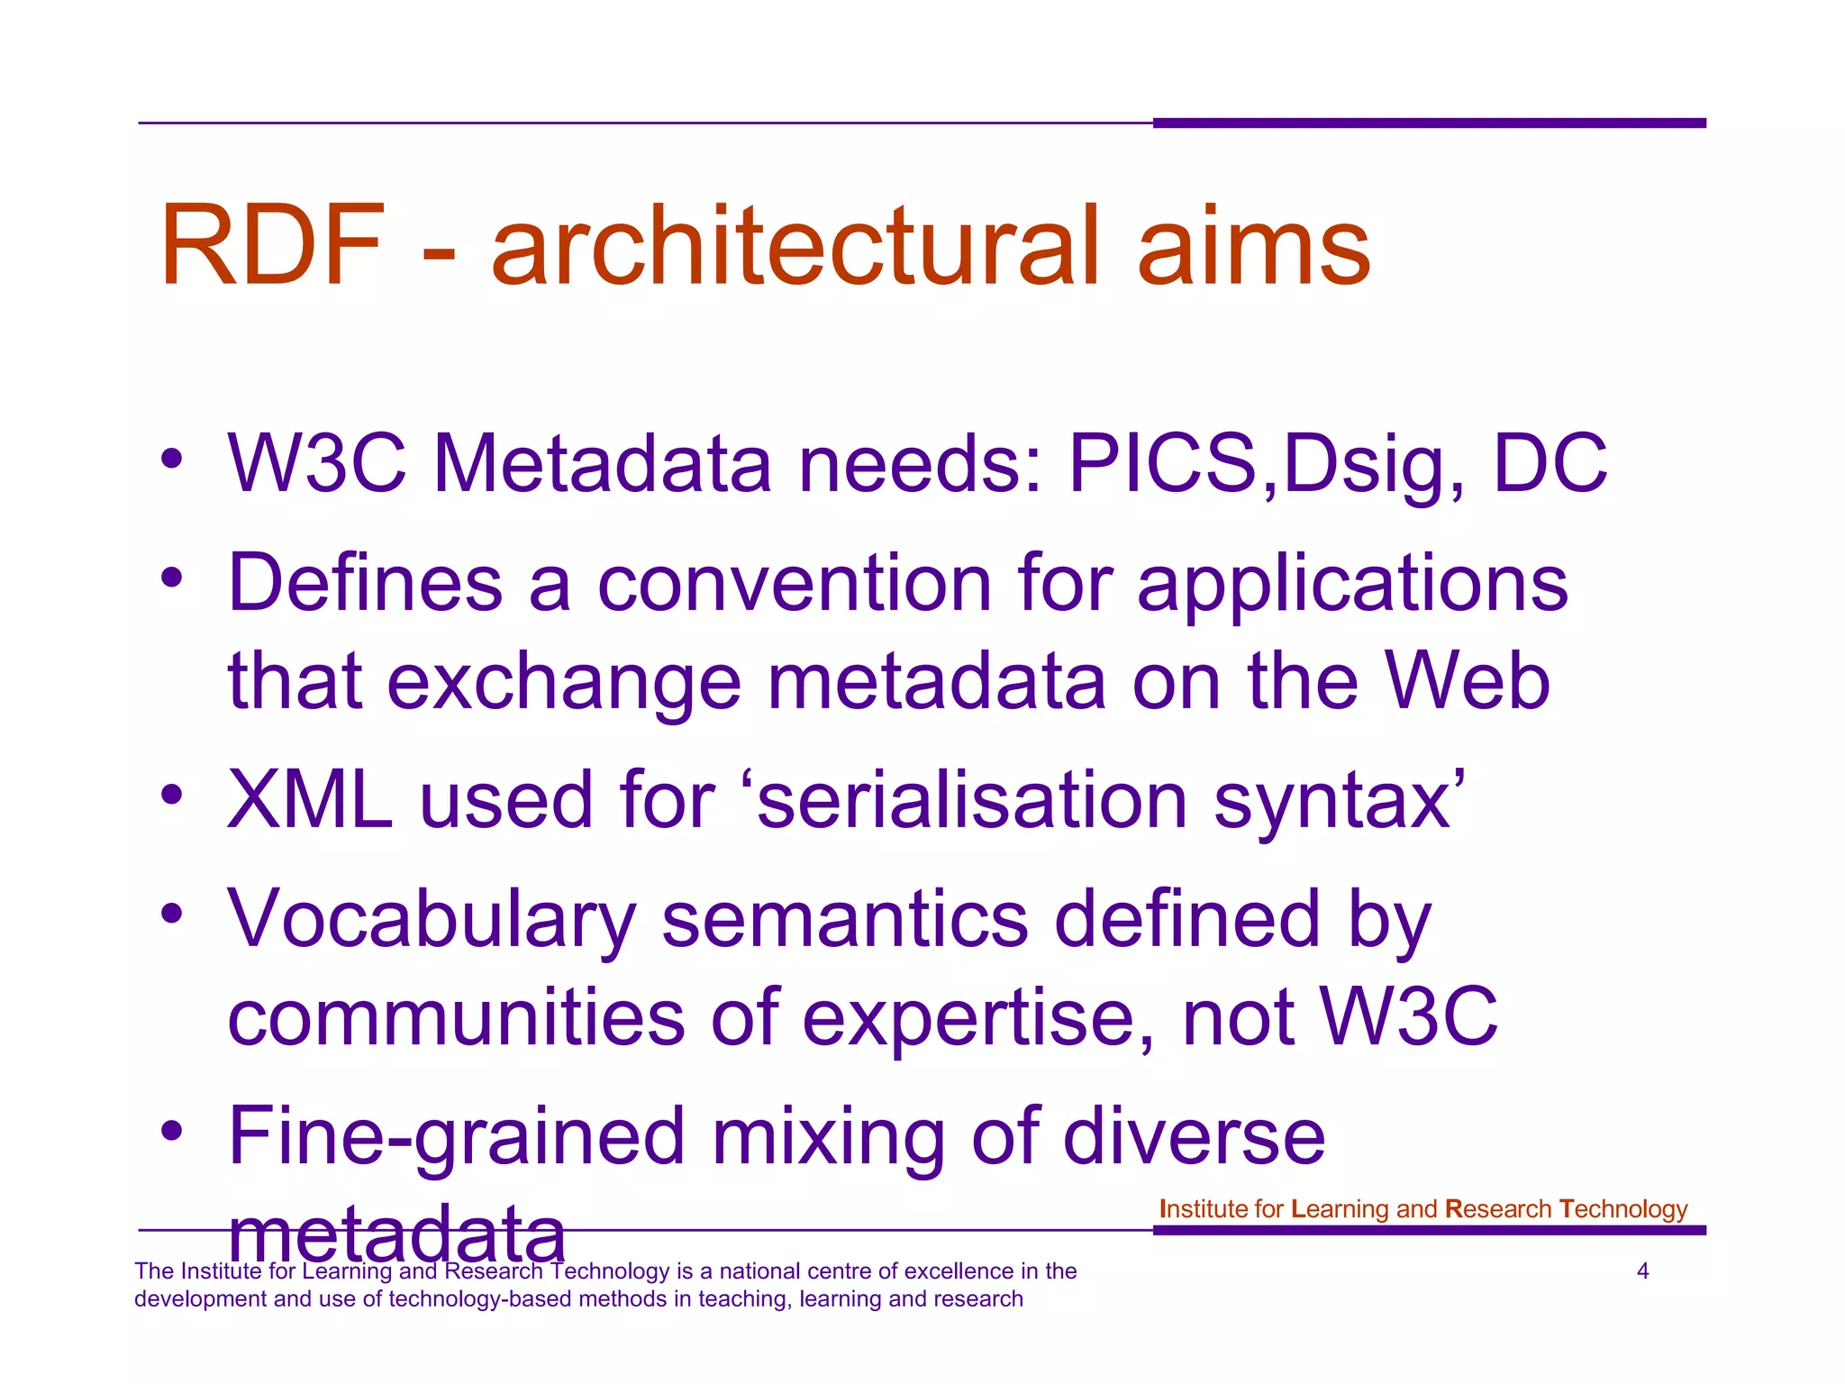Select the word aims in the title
point(1253,246)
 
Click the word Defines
point(365,584)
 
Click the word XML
point(310,800)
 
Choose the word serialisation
point(973,800)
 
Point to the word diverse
point(1194,1137)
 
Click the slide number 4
point(1642,1271)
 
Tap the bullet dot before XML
point(172,796)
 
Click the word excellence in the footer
point(938,1271)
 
